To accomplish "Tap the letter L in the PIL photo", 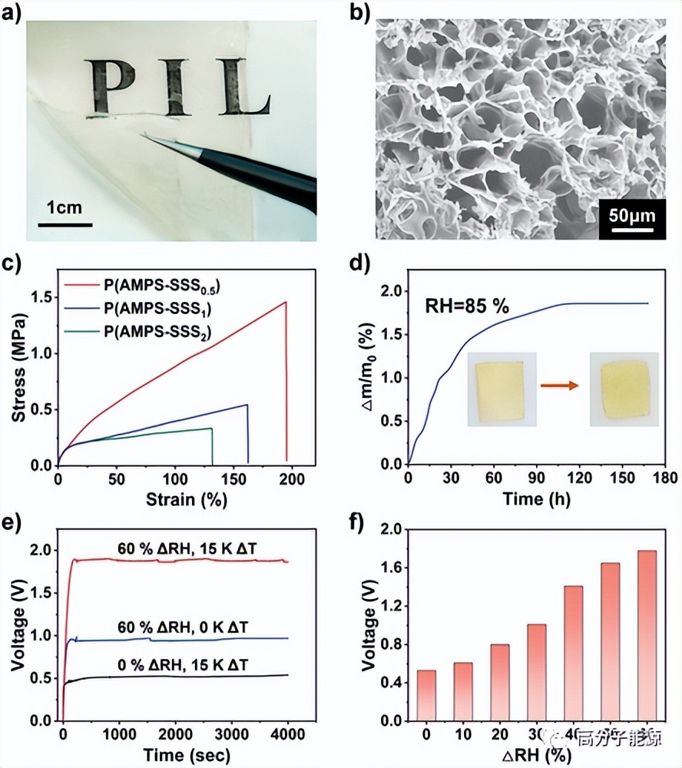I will pyautogui.click(x=244, y=88).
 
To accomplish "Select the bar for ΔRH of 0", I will pyautogui.click(x=426, y=696).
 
